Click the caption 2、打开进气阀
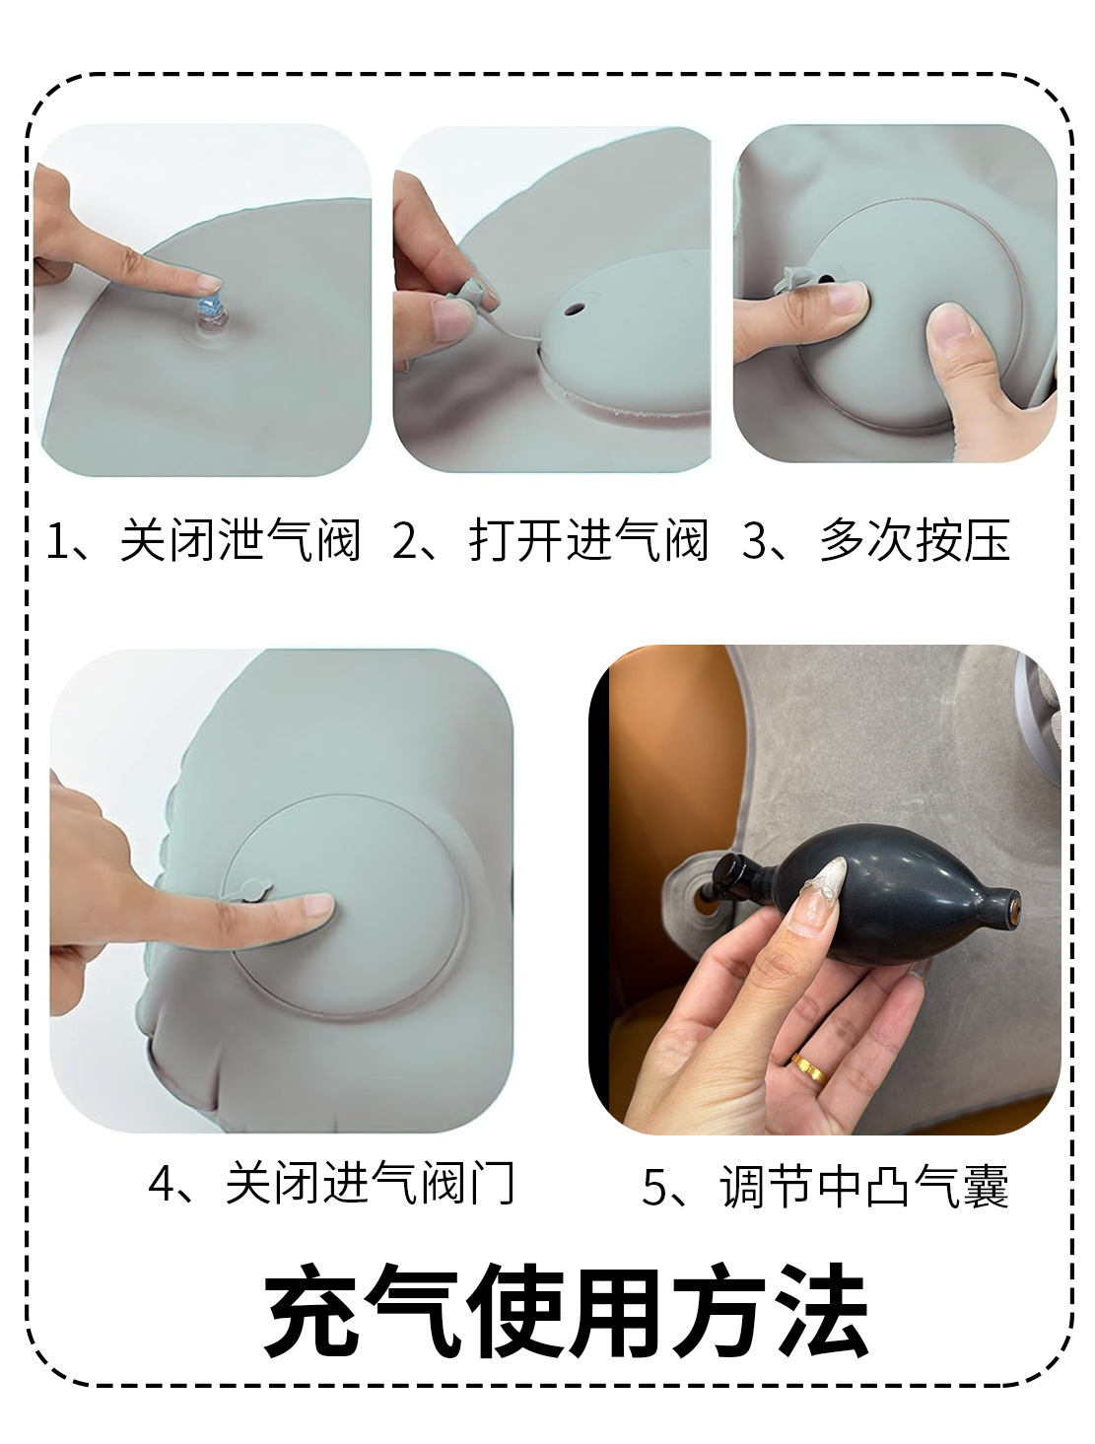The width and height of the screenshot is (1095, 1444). tap(551, 541)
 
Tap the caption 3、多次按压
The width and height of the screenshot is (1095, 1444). tap(876, 541)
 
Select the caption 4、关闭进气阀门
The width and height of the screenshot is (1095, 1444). tap(332, 1183)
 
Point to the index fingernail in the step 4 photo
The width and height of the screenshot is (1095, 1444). tap(316, 905)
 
